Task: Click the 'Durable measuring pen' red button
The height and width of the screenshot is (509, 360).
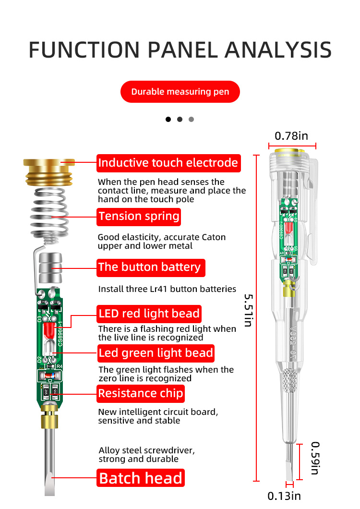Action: pos(180,92)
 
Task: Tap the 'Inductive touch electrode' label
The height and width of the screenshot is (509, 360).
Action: pos(168,163)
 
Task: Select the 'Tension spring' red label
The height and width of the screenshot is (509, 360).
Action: pos(139,216)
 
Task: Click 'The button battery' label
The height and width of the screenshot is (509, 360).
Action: pos(150,267)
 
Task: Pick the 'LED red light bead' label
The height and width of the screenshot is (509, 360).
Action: pos(149,314)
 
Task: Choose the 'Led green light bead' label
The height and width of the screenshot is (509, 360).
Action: pos(156,353)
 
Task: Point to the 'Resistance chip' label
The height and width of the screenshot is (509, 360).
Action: pos(141,394)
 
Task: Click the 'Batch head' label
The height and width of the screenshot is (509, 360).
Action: pos(141,478)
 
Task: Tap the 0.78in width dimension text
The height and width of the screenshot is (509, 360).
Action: pos(291,136)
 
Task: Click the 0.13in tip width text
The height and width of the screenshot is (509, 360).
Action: pos(284,496)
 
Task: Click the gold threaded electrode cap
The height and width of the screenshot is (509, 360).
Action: pos(48,172)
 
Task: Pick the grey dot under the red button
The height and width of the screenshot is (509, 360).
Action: pos(192,119)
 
